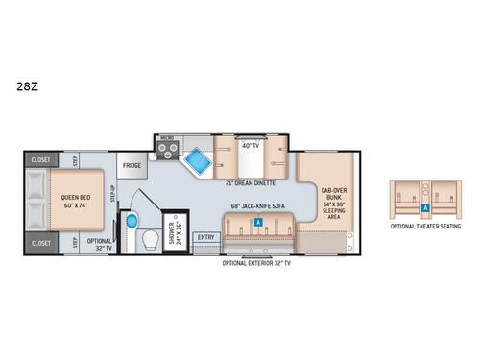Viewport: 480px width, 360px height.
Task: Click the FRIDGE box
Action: [x=132, y=165]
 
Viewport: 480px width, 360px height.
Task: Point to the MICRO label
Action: [x=165, y=137]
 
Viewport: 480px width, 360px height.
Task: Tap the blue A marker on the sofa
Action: [x=258, y=222]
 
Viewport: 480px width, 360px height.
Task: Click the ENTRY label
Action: [x=204, y=236]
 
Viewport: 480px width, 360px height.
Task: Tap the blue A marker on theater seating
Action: [x=425, y=205]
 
